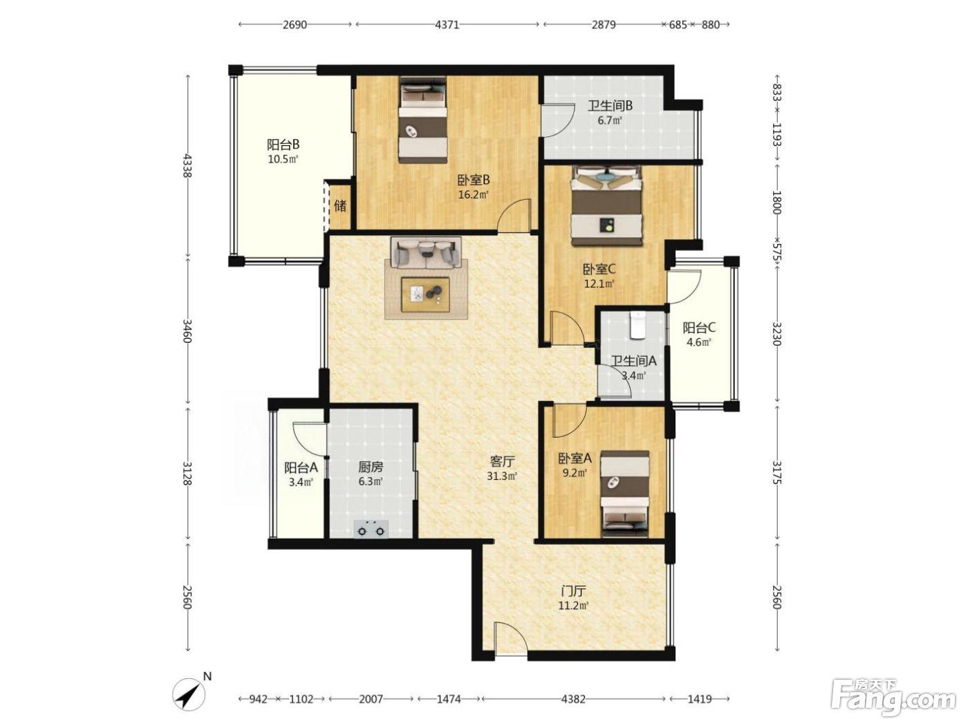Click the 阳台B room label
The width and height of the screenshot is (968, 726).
click(283, 144)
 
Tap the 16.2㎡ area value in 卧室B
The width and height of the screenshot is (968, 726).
click(474, 194)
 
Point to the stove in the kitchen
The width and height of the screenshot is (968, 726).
click(371, 529)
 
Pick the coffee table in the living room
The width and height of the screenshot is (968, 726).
click(425, 295)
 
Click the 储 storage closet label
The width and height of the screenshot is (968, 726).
click(339, 205)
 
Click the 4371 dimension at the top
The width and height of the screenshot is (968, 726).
click(447, 25)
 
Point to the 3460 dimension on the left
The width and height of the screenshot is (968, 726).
click(188, 331)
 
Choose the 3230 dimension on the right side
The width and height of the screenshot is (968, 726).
click(777, 334)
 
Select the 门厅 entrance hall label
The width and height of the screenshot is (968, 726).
click(573, 590)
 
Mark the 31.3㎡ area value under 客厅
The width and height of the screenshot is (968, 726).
click(502, 476)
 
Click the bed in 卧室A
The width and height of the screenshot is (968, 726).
click(626, 494)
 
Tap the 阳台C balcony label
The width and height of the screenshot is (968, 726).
click(699, 328)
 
